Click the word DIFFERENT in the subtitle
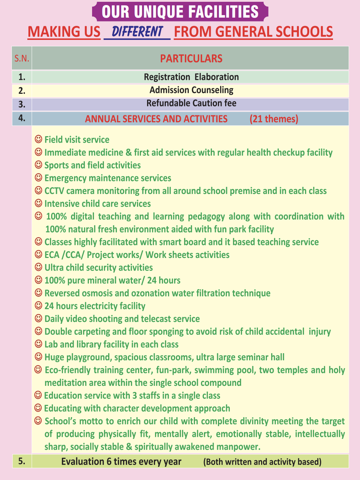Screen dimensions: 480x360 click(x=137, y=32)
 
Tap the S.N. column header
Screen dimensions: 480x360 click(x=22, y=58)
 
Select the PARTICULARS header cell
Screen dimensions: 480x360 click(x=191, y=58)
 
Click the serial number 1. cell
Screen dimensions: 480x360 click(x=22, y=77)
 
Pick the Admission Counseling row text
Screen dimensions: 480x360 click(x=191, y=90)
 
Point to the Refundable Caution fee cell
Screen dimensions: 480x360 click(x=191, y=103)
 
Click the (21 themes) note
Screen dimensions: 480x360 click(x=274, y=119)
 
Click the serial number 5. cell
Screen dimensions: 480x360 click(x=22, y=461)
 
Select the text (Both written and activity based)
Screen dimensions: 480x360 click(x=262, y=462)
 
